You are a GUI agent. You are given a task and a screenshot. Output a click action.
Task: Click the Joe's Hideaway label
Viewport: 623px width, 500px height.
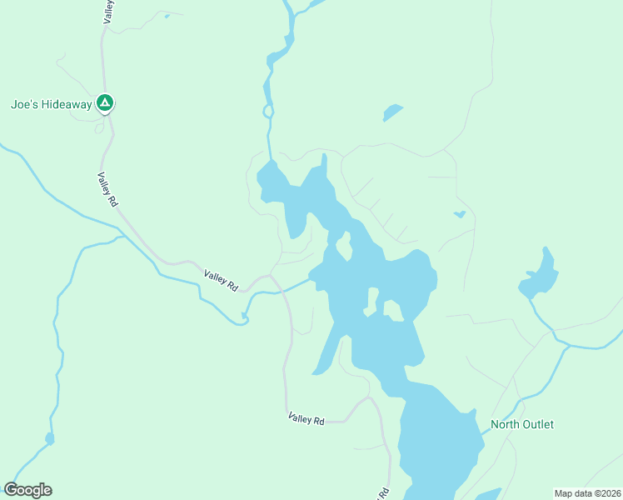(50, 105)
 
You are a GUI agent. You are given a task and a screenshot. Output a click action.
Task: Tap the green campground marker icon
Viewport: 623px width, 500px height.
(105, 103)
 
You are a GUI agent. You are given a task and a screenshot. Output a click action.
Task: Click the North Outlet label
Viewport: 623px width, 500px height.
(521, 424)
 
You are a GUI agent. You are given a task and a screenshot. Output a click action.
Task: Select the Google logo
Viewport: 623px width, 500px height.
(27, 490)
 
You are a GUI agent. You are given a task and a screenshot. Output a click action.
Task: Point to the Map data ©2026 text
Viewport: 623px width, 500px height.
(587, 493)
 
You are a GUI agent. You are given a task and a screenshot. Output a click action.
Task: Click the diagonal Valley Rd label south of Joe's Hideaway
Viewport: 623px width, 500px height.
(107, 189)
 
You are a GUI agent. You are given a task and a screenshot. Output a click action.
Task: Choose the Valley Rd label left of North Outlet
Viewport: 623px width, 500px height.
(306, 419)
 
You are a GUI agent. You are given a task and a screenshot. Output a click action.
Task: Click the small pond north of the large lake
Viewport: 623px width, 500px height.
(392, 112)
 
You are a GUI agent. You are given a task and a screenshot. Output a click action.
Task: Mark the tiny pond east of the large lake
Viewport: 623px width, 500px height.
(459, 215)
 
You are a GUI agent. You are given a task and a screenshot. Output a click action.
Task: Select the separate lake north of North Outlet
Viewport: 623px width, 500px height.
(540, 276)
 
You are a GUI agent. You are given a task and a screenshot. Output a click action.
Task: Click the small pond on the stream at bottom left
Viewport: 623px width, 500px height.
(50, 438)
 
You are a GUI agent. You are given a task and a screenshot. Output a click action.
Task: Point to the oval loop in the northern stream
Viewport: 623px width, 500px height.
(268, 111)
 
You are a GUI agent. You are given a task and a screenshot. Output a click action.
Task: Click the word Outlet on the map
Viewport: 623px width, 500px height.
(537, 424)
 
